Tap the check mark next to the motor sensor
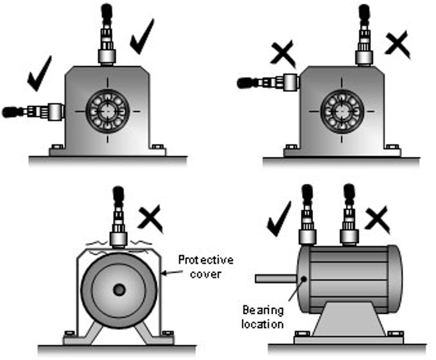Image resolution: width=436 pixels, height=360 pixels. tap(279, 218)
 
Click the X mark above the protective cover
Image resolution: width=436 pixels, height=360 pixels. tap(150, 217)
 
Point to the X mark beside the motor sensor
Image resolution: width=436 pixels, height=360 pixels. tap(377, 220)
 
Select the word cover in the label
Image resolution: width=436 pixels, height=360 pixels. tap(205, 274)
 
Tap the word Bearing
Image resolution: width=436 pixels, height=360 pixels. tap(262, 310)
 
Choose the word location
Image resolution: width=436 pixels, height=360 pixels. tap(262, 324)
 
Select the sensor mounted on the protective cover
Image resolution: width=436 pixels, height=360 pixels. tap(118, 222)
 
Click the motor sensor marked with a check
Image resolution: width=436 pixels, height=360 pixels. tap(307, 216)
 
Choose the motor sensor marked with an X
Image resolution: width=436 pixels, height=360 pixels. tap(349, 216)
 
